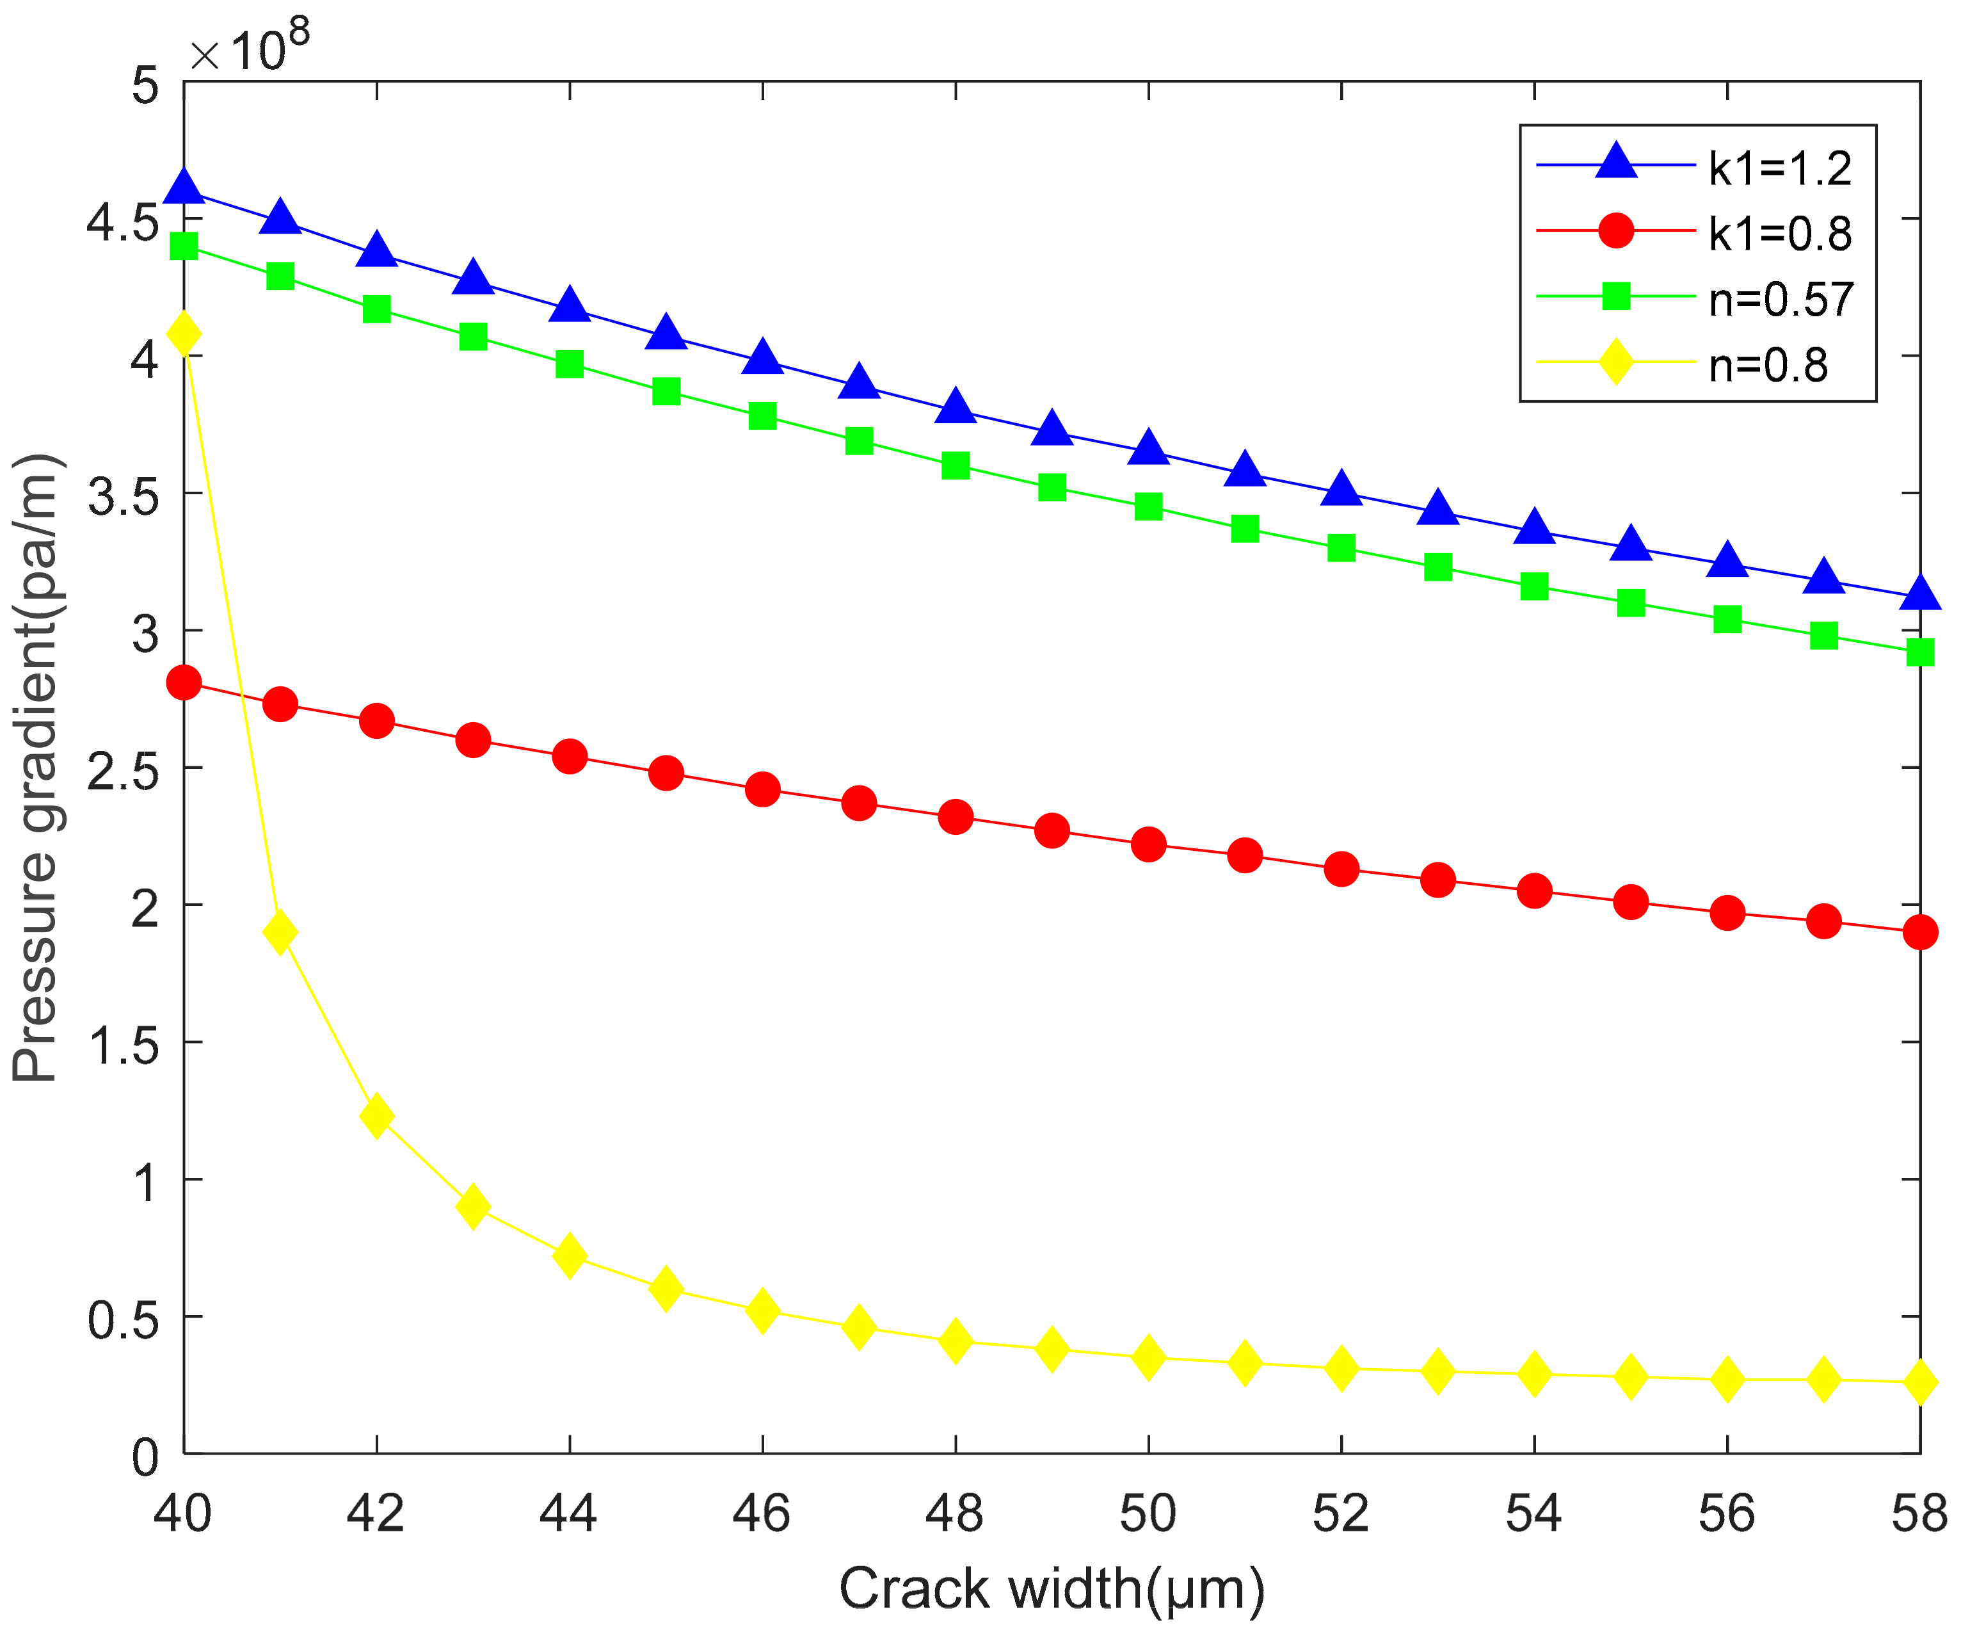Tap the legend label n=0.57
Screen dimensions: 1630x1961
click(1781, 300)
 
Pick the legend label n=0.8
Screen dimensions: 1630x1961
click(1768, 365)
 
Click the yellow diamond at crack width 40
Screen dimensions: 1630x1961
click(184, 334)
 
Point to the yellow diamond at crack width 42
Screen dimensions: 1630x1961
click(376, 1117)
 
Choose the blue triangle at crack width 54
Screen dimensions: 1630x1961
click(1534, 528)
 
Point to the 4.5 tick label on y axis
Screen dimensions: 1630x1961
click(122, 222)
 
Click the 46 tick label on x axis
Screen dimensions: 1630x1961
click(761, 1513)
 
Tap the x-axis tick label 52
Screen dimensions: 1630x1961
click(1340, 1513)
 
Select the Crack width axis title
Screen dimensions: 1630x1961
click(1052, 1588)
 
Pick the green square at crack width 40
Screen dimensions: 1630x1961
click(184, 246)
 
